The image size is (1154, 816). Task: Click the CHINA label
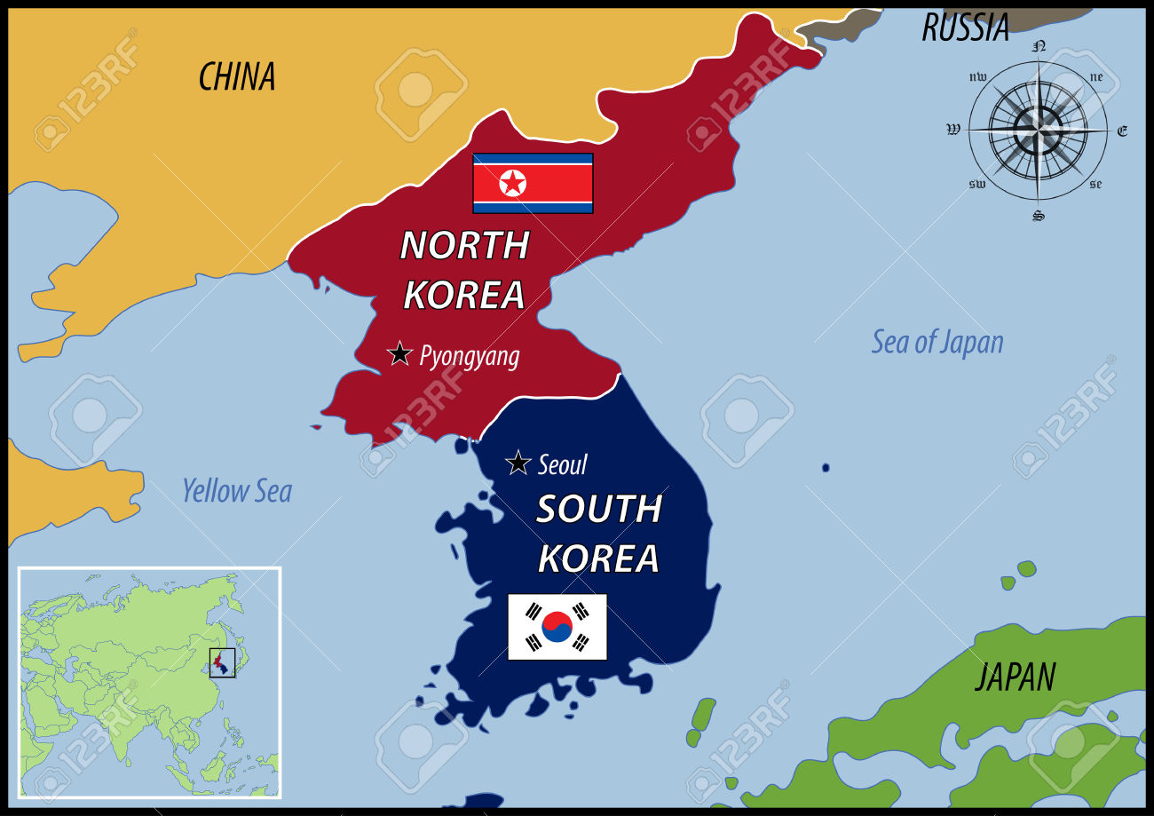236,77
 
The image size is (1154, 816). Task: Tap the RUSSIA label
965,28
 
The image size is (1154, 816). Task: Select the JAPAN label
1016,677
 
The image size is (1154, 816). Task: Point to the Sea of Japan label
937,342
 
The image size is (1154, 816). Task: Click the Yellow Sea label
236,490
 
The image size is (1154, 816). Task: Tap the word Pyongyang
470,356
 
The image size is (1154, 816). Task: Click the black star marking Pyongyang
400,353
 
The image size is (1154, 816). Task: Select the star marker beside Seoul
518,463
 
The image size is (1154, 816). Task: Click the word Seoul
563,464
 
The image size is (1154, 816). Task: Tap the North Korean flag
533,183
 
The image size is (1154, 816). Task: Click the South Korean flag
557,627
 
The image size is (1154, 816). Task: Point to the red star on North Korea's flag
512,183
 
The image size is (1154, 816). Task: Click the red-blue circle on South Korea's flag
557,627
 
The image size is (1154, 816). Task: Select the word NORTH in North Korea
464,245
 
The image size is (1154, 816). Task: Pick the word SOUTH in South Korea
599,509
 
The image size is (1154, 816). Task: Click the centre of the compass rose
1038,130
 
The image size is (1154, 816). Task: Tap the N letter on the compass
1039,45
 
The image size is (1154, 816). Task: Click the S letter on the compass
1038,216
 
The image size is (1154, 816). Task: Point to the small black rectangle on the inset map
222,662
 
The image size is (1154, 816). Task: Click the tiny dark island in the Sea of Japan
826,467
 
